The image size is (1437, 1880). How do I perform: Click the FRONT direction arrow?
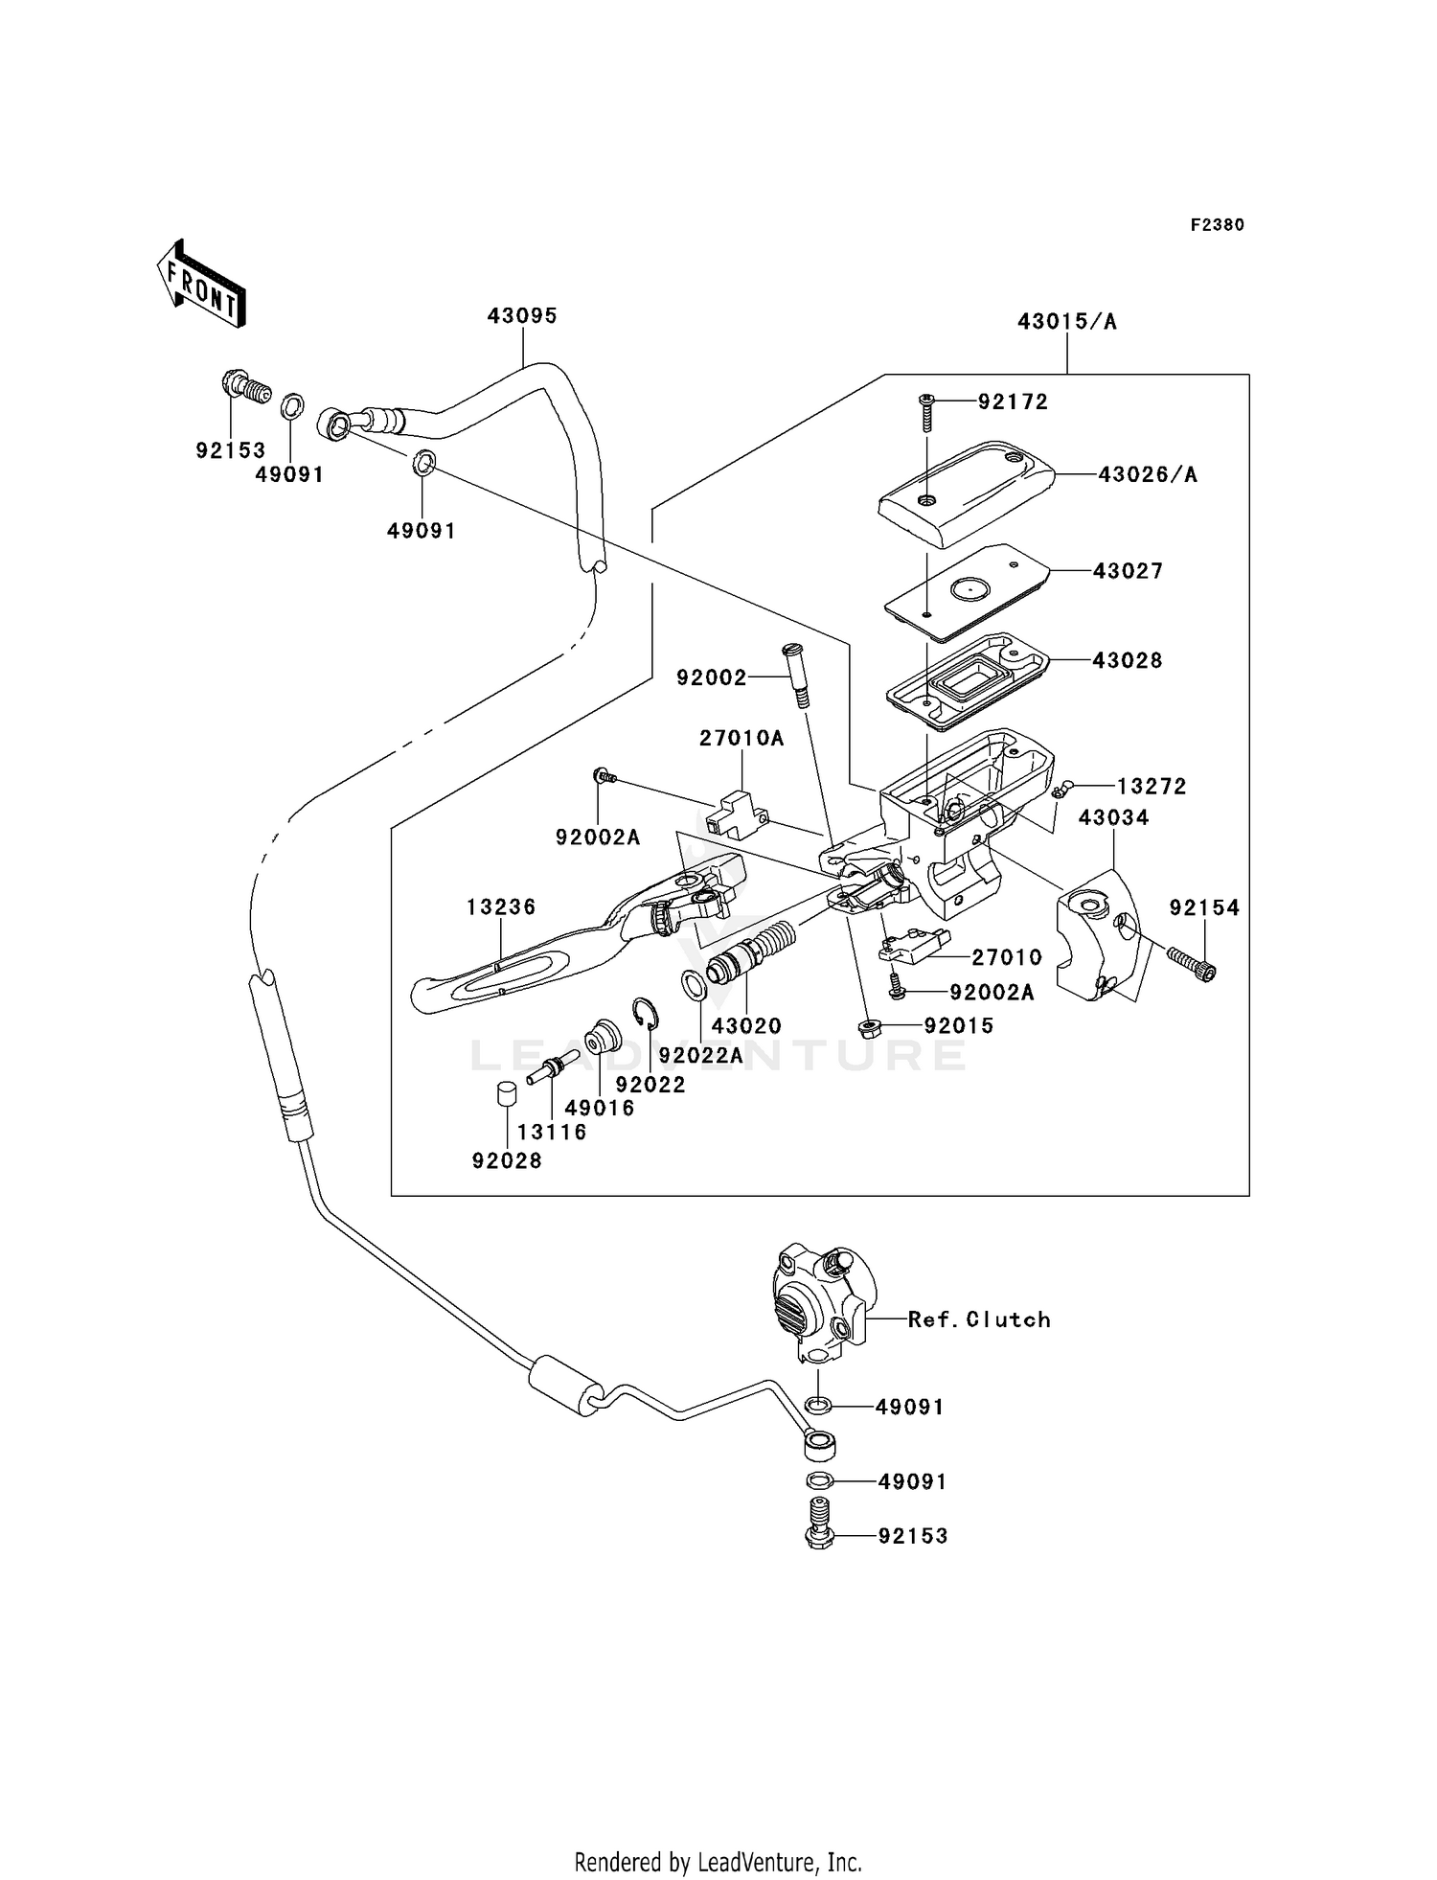point(202,284)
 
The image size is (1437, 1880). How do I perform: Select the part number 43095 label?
point(521,316)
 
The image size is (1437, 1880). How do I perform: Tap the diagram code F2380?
point(1217,225)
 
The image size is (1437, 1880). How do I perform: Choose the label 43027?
point(1128,571)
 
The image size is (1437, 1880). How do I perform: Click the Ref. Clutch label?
point(978,1319)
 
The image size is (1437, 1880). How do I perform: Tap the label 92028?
point(507,1160)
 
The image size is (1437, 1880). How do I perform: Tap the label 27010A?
point(741,738)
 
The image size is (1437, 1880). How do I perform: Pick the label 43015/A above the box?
point(1066,322)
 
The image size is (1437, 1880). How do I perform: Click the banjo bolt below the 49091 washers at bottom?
point(819,1533)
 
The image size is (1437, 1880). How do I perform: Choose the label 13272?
point(1151,787)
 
